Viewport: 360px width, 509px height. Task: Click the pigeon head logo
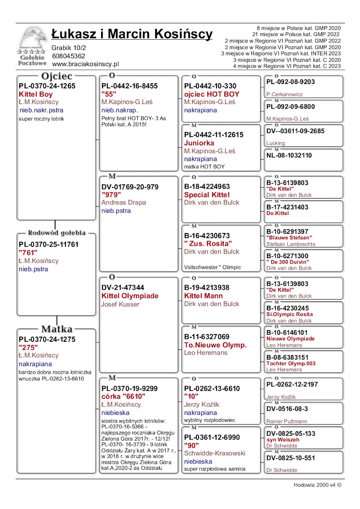[32, 38]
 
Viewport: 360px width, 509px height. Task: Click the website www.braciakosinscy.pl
[85, 64]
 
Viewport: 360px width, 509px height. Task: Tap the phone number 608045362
[68, 56]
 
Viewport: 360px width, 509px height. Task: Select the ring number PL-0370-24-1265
[47, 86]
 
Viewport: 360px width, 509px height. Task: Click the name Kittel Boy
[36, 94]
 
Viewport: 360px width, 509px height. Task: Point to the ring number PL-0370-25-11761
[49, 244]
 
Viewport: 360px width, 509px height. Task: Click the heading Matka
[57, 329]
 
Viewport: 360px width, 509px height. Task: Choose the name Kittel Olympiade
[130, 296]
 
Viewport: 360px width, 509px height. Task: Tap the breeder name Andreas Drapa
[124, 203]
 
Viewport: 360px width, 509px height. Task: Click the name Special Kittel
[207, 195]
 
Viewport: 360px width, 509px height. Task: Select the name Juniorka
[199, 143]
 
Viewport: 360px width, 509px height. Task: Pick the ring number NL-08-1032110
[289, 156]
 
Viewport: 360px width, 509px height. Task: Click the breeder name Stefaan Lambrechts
[291, 244]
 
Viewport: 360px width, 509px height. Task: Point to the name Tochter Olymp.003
[291, 364]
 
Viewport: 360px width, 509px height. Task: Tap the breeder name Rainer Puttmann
[287, 421]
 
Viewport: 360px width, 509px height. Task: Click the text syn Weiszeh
[283, 440]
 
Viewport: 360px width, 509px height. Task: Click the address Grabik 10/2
[69, 48]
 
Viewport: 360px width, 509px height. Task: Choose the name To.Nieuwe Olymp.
[215, 345]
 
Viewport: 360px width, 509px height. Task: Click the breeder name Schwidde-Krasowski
[215, 453]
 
